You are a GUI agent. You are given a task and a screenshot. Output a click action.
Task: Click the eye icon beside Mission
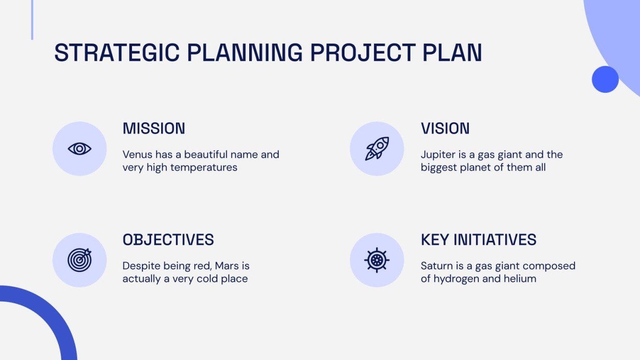pyautogui.click(x=79, y=149)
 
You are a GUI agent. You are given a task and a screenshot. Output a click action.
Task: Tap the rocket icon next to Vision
pyautogui.click(x=377, y=149)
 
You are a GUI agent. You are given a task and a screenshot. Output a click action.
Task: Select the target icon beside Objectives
pyautogui.click(x=79, y=260)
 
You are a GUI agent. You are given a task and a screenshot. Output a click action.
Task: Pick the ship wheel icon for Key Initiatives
pyautogui.click(x=377, y=260)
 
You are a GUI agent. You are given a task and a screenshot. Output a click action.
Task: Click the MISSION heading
pyautogui.click(x=154, y=129)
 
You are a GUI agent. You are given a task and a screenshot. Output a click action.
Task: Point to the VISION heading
pyautogui.click(x=445, y=129)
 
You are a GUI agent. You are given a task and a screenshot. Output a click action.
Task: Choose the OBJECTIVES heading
pyautogui.click(x=168, y=240)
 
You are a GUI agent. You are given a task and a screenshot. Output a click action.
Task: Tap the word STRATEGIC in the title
pyautogui.click(x=116, y=53)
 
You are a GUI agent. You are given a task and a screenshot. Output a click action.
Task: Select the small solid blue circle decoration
pyautogui.click(x=605, y=79)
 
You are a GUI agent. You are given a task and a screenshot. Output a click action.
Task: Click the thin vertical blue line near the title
pyautogui.click(x=32, y=20)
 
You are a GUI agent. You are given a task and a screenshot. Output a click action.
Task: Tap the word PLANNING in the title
pyautogui.click(x=244, y=53)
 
